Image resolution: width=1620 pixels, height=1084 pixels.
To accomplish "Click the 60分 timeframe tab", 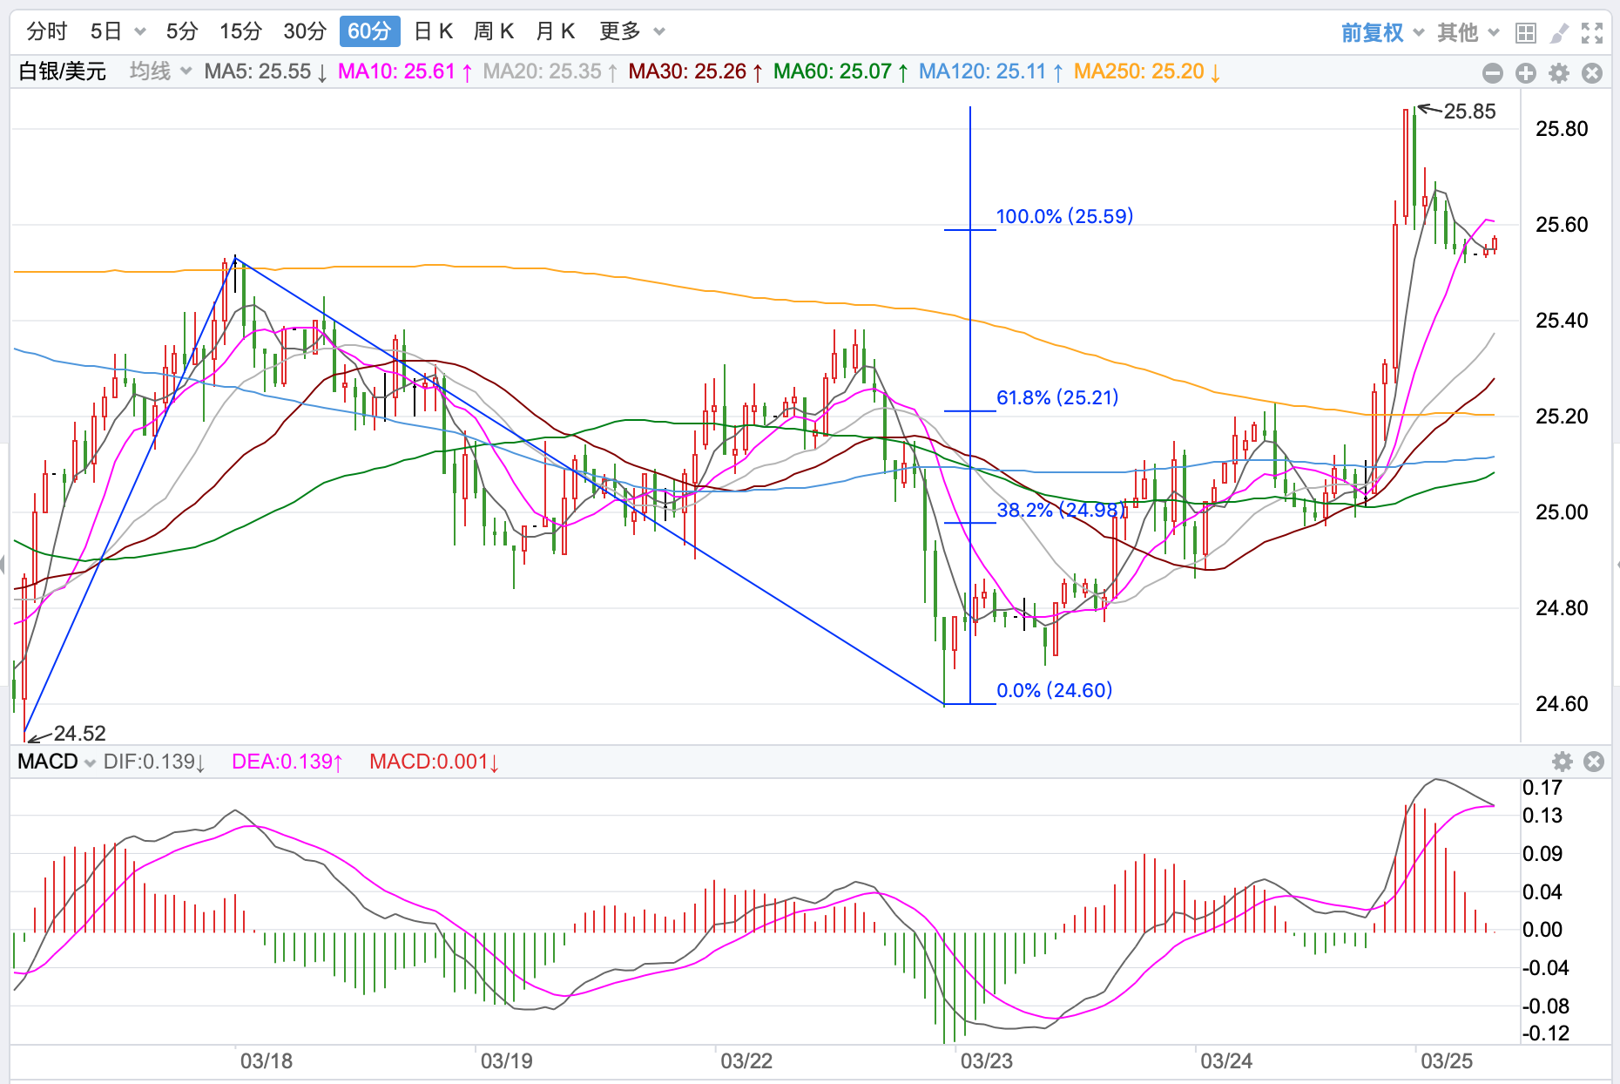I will (369, 31).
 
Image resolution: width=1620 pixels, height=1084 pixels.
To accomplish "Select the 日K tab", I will (434, 31).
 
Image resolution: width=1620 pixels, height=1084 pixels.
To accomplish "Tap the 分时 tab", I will (47, 31).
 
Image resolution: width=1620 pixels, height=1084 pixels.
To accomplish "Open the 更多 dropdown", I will (631, 31).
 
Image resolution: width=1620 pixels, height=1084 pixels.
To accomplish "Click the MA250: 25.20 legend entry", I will (1146, 71).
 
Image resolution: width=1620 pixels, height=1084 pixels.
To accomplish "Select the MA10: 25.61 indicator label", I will (404, 71).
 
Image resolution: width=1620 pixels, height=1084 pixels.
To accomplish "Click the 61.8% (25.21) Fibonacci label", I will (1057, 397).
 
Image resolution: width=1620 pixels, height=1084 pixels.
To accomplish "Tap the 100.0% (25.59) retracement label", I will (1064, 216).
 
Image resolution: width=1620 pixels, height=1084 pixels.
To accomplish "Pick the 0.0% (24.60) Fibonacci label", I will (1054, 690).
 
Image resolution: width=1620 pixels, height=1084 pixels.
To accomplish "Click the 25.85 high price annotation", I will (1469, 112).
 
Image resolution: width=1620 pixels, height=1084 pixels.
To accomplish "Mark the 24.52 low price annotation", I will (79, 733).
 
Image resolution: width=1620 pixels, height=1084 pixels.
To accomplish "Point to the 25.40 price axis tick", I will (1562, 321).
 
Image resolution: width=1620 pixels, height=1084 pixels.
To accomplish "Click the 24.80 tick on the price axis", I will (1562, 608).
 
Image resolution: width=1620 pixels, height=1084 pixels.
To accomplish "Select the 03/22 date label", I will (746, 1061).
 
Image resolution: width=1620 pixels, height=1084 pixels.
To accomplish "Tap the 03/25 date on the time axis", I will (1447, 1061).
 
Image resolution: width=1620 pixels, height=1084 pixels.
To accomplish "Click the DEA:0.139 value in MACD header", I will (287, 762).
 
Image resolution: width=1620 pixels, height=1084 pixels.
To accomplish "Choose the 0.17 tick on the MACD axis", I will (1542, 788).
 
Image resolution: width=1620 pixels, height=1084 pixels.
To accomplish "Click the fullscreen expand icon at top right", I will (1592, 33).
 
